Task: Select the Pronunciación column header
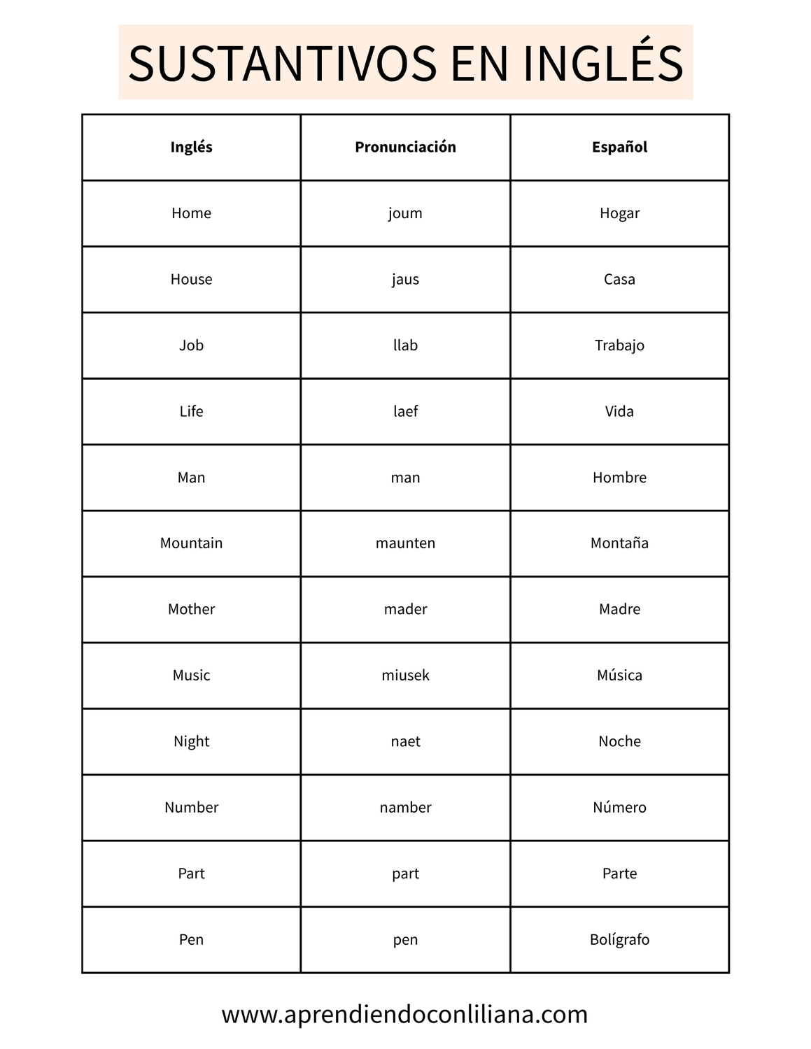click(x=405, y=147)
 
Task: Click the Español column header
click(x=619, y=147)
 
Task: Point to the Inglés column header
click(x=191, y=147)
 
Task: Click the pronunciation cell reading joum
click(x=405, y=213)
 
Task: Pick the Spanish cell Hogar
click(x=619, y=213)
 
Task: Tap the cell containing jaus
click(x=405, y=279)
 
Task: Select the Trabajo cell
click(x=619, y=345)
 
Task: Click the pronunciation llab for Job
click(x=405, y=345)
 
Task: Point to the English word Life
click(x=191, y=411)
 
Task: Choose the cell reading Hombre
click(x=619, y=478)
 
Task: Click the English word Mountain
click(x=191, y=543)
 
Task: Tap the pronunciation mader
click(x=405, y=609)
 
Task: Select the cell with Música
click(x=619, y=676)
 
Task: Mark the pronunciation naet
click(x=405, y=741)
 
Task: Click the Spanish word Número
click(x=619, y=808)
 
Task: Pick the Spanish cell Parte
click(x=619, y=873)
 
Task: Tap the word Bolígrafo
click(x=619, y=940)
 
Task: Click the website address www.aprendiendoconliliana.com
click(x=404, y=1015)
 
